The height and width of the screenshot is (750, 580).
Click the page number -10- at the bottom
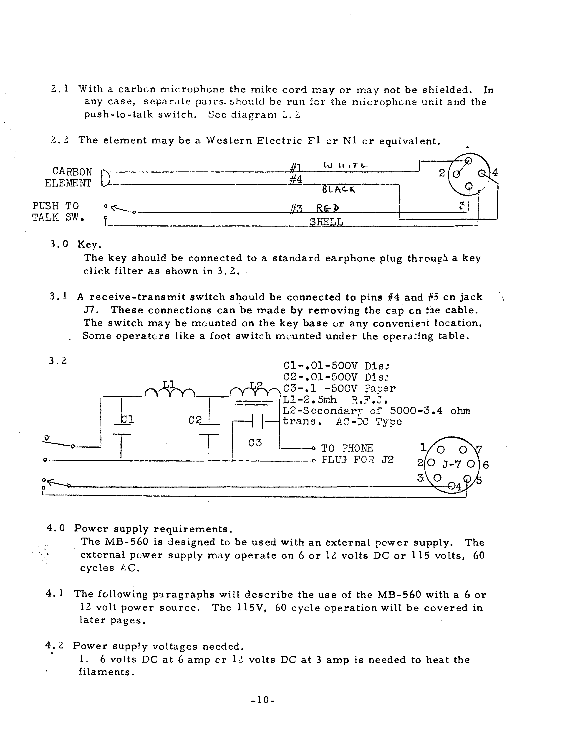click(x=263, y=700)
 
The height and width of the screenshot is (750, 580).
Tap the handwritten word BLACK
click(x=338, y=189)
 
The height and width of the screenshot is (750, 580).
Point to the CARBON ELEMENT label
click(x=69, y=177)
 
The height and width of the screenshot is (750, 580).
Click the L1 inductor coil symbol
click(x=169, y=391)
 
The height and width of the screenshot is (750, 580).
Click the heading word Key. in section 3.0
click(x=89, y=245)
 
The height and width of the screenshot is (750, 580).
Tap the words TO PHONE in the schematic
click(x=347, y=448)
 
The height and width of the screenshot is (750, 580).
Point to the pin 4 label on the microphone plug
click(x=495, y=172)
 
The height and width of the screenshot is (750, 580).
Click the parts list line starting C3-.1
click(x=339, y=389)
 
